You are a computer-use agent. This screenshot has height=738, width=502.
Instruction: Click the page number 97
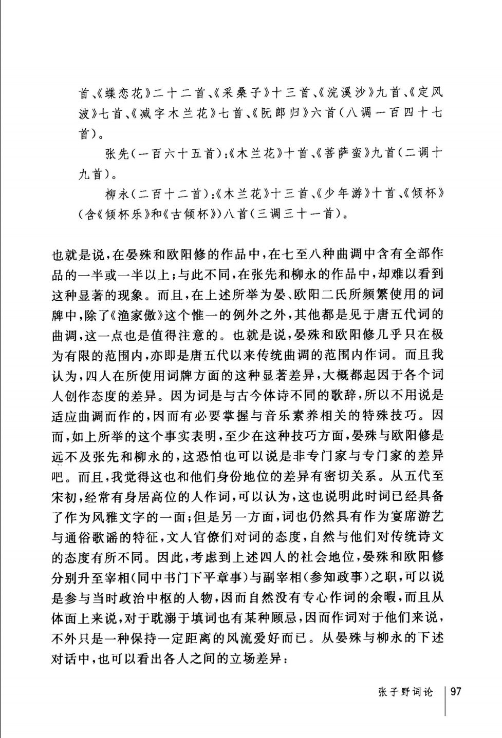point(456,691)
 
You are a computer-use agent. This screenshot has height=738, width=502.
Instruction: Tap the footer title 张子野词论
point(405,692)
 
